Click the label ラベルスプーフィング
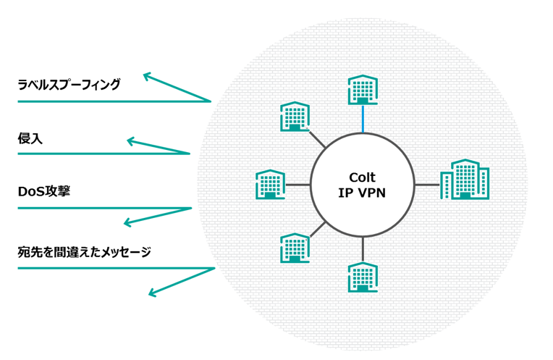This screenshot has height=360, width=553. click(x=69, y=85)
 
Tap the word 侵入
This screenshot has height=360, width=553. click(x=30, y=138)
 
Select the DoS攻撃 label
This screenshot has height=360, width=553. click(x=43, y=192)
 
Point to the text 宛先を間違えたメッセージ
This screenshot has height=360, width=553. click(x=85, y=252)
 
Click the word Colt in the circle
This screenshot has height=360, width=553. click(x=362, y=177)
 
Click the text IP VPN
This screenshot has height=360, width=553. click(x=362, y=193)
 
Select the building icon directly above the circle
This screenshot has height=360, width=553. click(x=362, y=90)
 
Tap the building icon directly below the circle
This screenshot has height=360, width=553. click(x=362, y=277)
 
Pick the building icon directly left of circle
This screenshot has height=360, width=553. click(x=271, y=185)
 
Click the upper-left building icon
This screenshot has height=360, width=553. click(x=295, y=117)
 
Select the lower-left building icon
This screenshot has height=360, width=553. click(x=295, y=247)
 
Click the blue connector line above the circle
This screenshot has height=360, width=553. click(x=363, y=120)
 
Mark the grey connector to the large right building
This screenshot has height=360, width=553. click(x=427, y=185)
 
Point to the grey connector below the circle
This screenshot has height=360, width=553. click(x=363, y=249)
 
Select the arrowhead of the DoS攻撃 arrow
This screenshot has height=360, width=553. click(x=127, y=222)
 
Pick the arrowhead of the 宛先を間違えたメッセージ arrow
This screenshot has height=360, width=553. click(x=151, y=293)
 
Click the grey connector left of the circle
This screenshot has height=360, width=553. click(x=297, y=185)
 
